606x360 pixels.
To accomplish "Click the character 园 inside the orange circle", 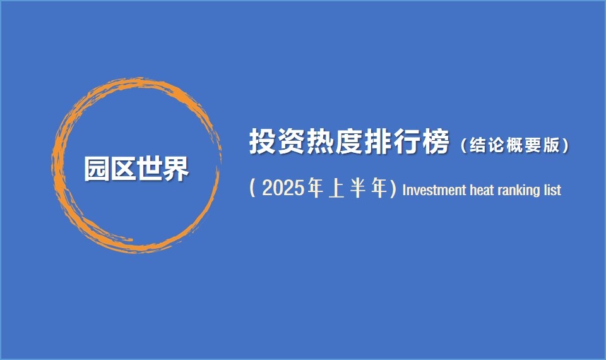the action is [97, 169].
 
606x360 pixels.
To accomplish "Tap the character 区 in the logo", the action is [123, 169].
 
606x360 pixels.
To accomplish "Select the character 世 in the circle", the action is [149, 169].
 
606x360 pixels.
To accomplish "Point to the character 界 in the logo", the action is [175, 169].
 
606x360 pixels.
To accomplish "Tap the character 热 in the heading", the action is [319, 141].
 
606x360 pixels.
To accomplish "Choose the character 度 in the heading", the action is [348, 141].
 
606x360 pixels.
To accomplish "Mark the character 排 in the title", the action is [377, 141].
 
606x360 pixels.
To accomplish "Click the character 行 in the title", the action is [406, 141].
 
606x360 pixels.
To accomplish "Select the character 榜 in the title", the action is [435, 141].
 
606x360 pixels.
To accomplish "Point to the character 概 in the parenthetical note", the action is [514, 145].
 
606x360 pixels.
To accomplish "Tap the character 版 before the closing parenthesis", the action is [552, 145].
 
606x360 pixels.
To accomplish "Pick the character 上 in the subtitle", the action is [336, 188].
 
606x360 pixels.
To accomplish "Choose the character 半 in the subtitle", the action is [358, 188].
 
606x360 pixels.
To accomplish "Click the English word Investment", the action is [434, 190].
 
